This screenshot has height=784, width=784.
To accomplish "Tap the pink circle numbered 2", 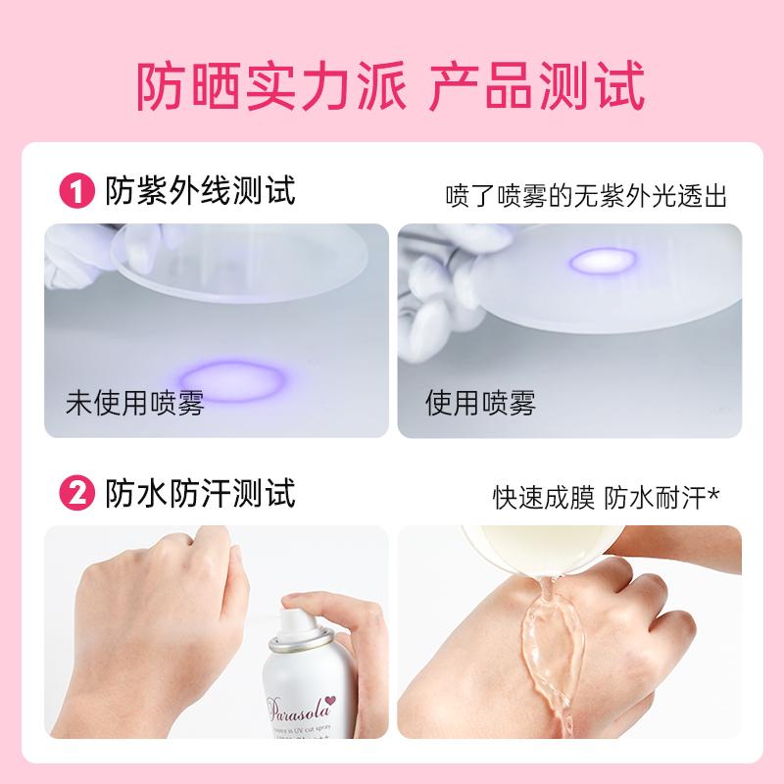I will point(77,492).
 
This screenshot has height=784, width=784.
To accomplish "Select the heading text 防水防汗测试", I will point(199,492).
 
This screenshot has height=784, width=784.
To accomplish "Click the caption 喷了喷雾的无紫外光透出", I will point(585,195).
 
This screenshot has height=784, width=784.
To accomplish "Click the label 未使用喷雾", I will point(134,403).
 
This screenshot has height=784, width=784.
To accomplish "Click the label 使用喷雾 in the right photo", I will point(479,403).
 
